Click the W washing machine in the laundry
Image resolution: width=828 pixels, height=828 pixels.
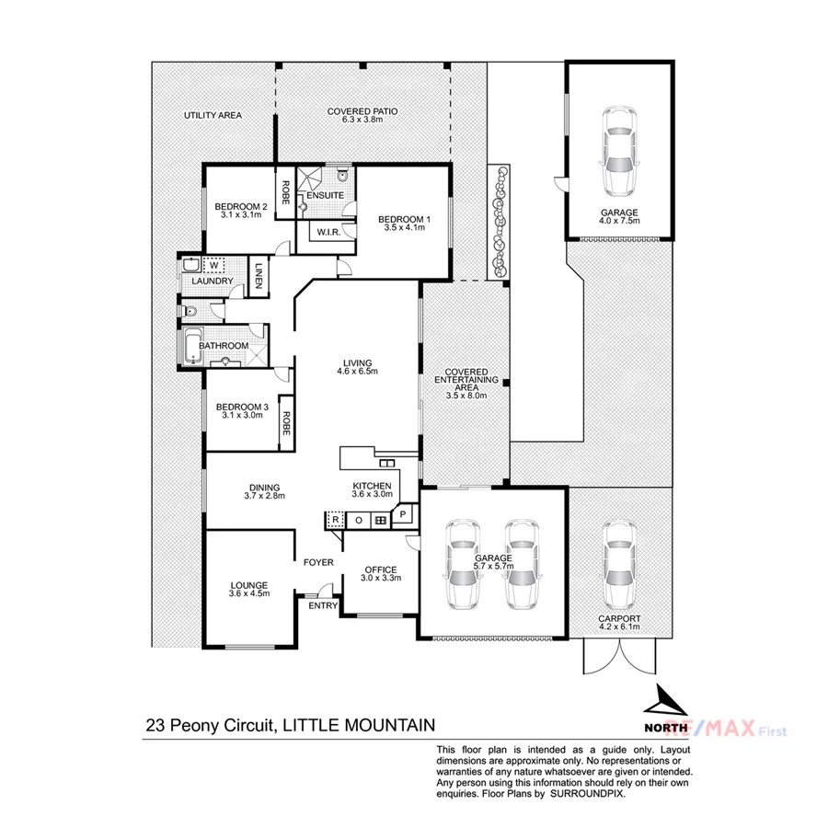click(x=213, y=266)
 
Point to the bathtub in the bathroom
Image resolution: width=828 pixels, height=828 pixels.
click(x=192, y=346)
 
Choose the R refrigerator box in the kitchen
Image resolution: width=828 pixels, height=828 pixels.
click(x=335, y=521)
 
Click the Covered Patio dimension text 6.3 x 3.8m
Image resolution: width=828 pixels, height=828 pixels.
click(x=362, y=120)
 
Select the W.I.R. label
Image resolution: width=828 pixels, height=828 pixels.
click(x=327, y=232)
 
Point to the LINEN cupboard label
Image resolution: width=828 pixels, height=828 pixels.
click(x=259, y=276)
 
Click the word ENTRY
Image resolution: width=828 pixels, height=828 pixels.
click(x=323, y=605)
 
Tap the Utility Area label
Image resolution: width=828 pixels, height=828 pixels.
click(x=213, y=116)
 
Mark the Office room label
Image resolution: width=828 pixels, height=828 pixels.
click(x=379, y=569)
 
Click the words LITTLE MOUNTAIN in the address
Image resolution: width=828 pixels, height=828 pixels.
click(x=359, y=725)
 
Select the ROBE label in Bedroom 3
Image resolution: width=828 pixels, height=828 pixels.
click(x=286, y=423)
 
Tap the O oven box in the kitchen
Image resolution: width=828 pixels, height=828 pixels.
click(x=358, y=521)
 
